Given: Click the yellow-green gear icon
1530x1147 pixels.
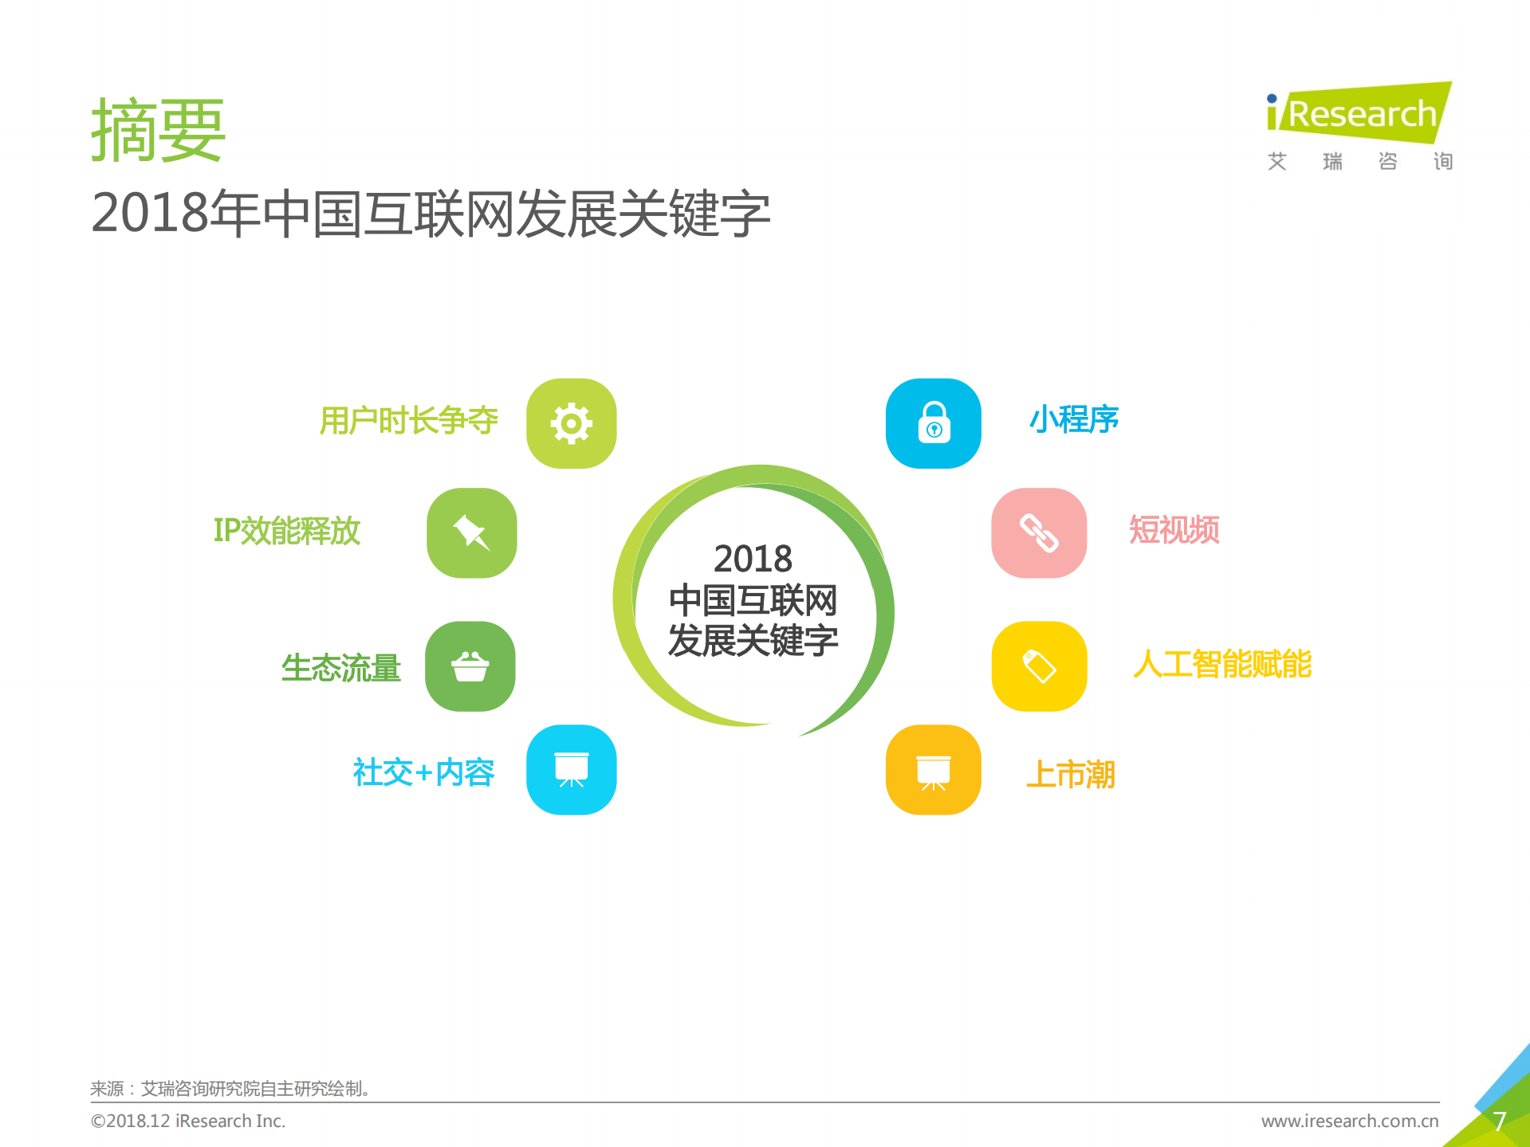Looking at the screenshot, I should coord(571,423).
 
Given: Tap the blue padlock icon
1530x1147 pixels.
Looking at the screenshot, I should coord(934,423).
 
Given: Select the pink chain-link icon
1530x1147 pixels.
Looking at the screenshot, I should coord(1039,532).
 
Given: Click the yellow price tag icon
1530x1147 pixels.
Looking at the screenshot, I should coord(1039,666).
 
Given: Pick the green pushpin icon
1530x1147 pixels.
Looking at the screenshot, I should coord(471,532).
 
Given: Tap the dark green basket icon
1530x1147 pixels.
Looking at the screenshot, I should coord(470,666).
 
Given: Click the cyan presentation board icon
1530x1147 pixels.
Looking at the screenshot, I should coord(571,769).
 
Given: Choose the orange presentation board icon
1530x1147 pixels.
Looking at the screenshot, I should coord(934,769).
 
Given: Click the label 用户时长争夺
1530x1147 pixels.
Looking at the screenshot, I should coord(408,420).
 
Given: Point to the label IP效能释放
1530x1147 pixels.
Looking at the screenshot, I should coord(287,531).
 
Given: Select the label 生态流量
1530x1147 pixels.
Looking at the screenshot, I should coord(340,668).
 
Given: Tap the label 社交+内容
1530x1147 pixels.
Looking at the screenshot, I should coord(423,772).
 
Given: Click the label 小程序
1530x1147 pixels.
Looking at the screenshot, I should coord(1074,419).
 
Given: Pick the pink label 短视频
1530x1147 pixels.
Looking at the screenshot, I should coord(1174,530).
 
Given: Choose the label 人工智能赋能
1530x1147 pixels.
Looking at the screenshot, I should coord(1221,664).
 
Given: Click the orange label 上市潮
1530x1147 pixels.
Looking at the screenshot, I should coord(1070,774).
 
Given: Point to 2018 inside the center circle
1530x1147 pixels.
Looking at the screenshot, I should coord(753,559).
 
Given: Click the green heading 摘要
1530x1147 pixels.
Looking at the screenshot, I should coord(158,131).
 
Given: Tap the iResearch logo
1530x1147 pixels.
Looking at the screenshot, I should coord(1359,114).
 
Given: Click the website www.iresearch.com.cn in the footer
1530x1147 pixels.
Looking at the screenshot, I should coord(1349,1121).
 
